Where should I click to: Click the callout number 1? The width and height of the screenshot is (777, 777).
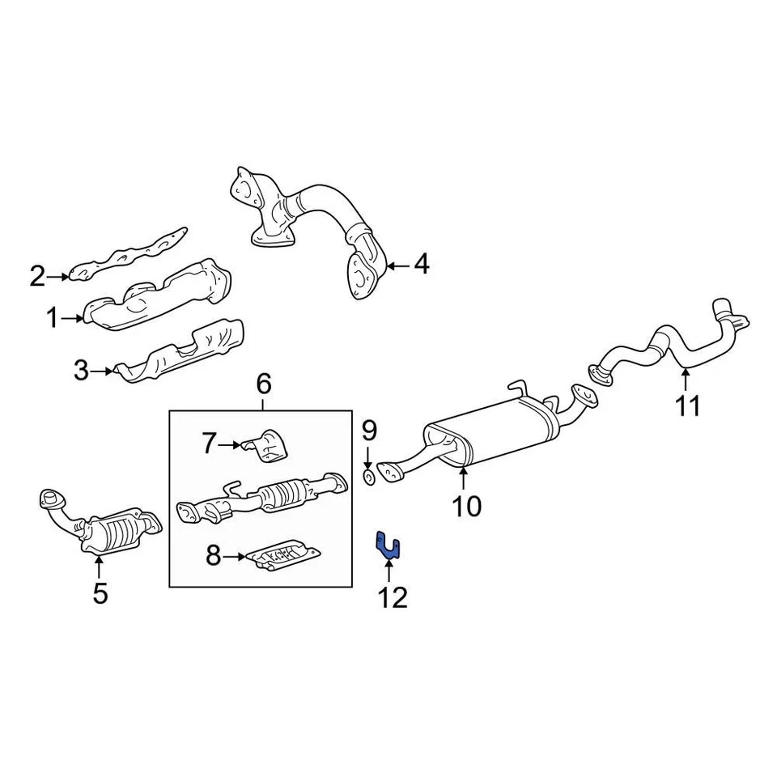coord(53,319)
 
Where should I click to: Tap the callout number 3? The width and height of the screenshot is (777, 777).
coord(80,372)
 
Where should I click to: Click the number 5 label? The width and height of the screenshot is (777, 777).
coord(100,593)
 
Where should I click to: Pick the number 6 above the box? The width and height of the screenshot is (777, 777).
coord(263,384)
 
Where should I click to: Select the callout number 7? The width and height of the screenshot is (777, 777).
coord(209,444)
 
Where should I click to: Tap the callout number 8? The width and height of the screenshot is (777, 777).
coord(213,556)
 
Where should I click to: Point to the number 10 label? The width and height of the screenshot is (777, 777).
coord(466,507)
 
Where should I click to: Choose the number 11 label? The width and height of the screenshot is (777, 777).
coord(687,405)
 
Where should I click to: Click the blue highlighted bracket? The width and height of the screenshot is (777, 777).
coord(388,546)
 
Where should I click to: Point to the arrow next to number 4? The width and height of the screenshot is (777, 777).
coord(397,265)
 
